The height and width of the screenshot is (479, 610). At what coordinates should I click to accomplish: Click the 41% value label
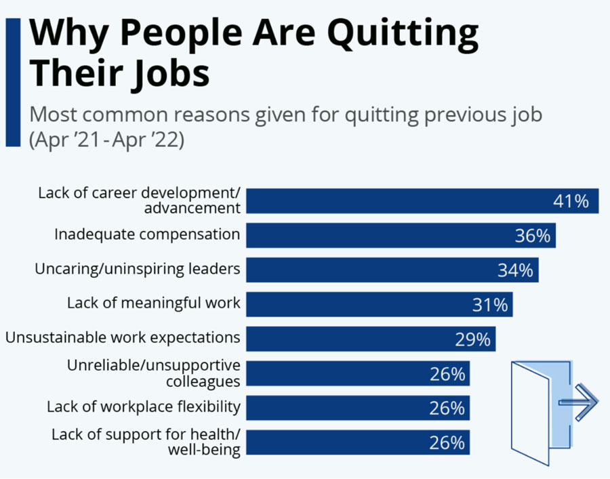[571, 201]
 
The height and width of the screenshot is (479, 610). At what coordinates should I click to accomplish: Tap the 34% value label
[515, 270]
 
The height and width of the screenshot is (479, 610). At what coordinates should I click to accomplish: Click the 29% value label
[472, 339]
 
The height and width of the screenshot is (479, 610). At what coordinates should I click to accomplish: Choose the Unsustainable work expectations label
[123, 337]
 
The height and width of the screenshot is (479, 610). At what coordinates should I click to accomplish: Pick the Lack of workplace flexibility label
[144, 407]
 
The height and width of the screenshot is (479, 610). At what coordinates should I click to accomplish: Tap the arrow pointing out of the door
[579, 402]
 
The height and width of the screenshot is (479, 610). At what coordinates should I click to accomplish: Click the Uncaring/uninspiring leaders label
[138, 269]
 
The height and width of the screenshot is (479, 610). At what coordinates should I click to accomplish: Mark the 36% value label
[532, 236]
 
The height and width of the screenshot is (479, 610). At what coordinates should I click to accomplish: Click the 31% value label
[490, 305]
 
